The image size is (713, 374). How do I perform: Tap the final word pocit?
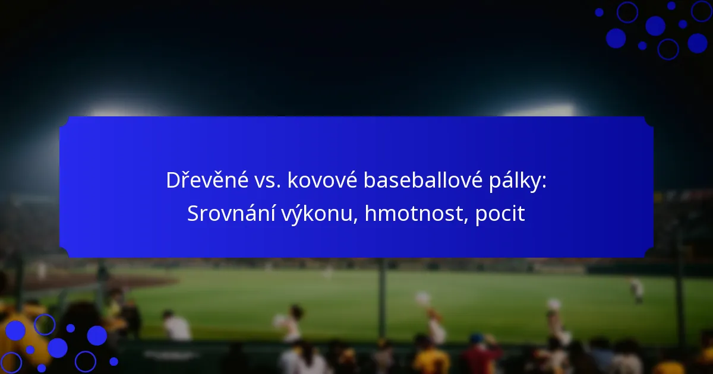point(500,214)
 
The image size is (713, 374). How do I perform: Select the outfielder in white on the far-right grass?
point(636,290)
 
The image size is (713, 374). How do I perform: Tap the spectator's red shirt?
point(481,359)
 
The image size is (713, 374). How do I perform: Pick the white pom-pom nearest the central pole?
point(422,299)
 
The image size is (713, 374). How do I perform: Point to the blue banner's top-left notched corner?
point(65,122)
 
